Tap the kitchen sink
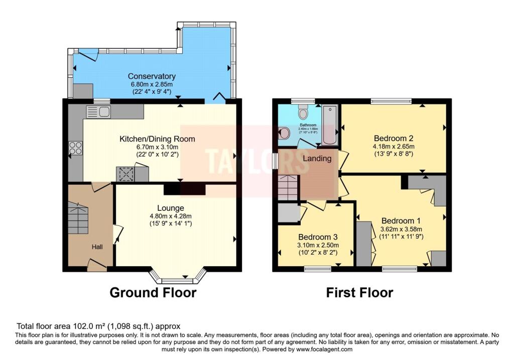98,112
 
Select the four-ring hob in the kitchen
75,148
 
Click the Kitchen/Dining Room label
157,139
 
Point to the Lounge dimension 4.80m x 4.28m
170,216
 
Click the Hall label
97,247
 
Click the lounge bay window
178,276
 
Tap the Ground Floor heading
153,292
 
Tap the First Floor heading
359,292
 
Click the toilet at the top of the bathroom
303,110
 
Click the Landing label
317,159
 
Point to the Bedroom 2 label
393,138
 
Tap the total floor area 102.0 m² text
98,326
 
